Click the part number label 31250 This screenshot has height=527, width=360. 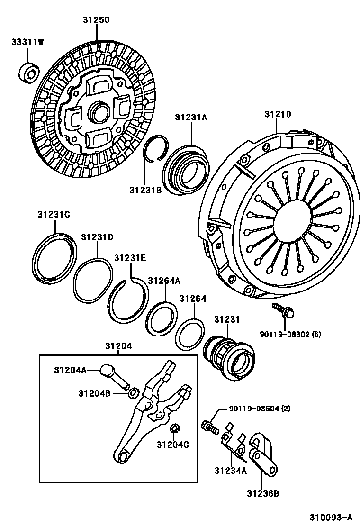(x=96, y=20)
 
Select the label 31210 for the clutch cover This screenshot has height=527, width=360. (x=278, y=114)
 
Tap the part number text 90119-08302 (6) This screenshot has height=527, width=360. (x=290, y=335)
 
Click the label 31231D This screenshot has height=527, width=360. (x=97, y=237)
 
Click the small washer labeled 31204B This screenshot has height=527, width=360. (x=134, y=392)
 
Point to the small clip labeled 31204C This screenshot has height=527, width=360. (x=175, y=429)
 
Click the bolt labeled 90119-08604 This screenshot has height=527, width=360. (x=209, y=426)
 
